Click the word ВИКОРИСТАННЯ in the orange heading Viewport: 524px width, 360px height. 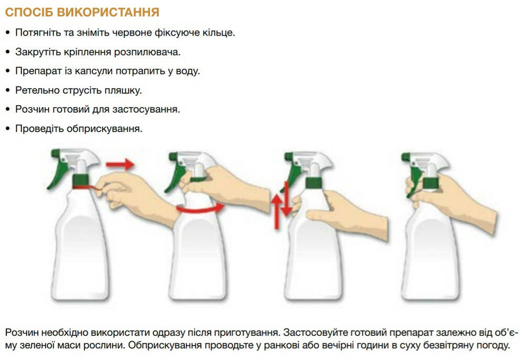coord(108,13)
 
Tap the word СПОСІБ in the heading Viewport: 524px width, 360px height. coord(29,13)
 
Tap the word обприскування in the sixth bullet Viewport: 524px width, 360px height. coord(104,129)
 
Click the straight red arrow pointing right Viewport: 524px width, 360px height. coord(120,165)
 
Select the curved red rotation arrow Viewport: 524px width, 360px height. coord(200,210)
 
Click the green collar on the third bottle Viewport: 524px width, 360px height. coord(314,183)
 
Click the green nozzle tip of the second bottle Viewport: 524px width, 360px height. coord(173,157)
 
